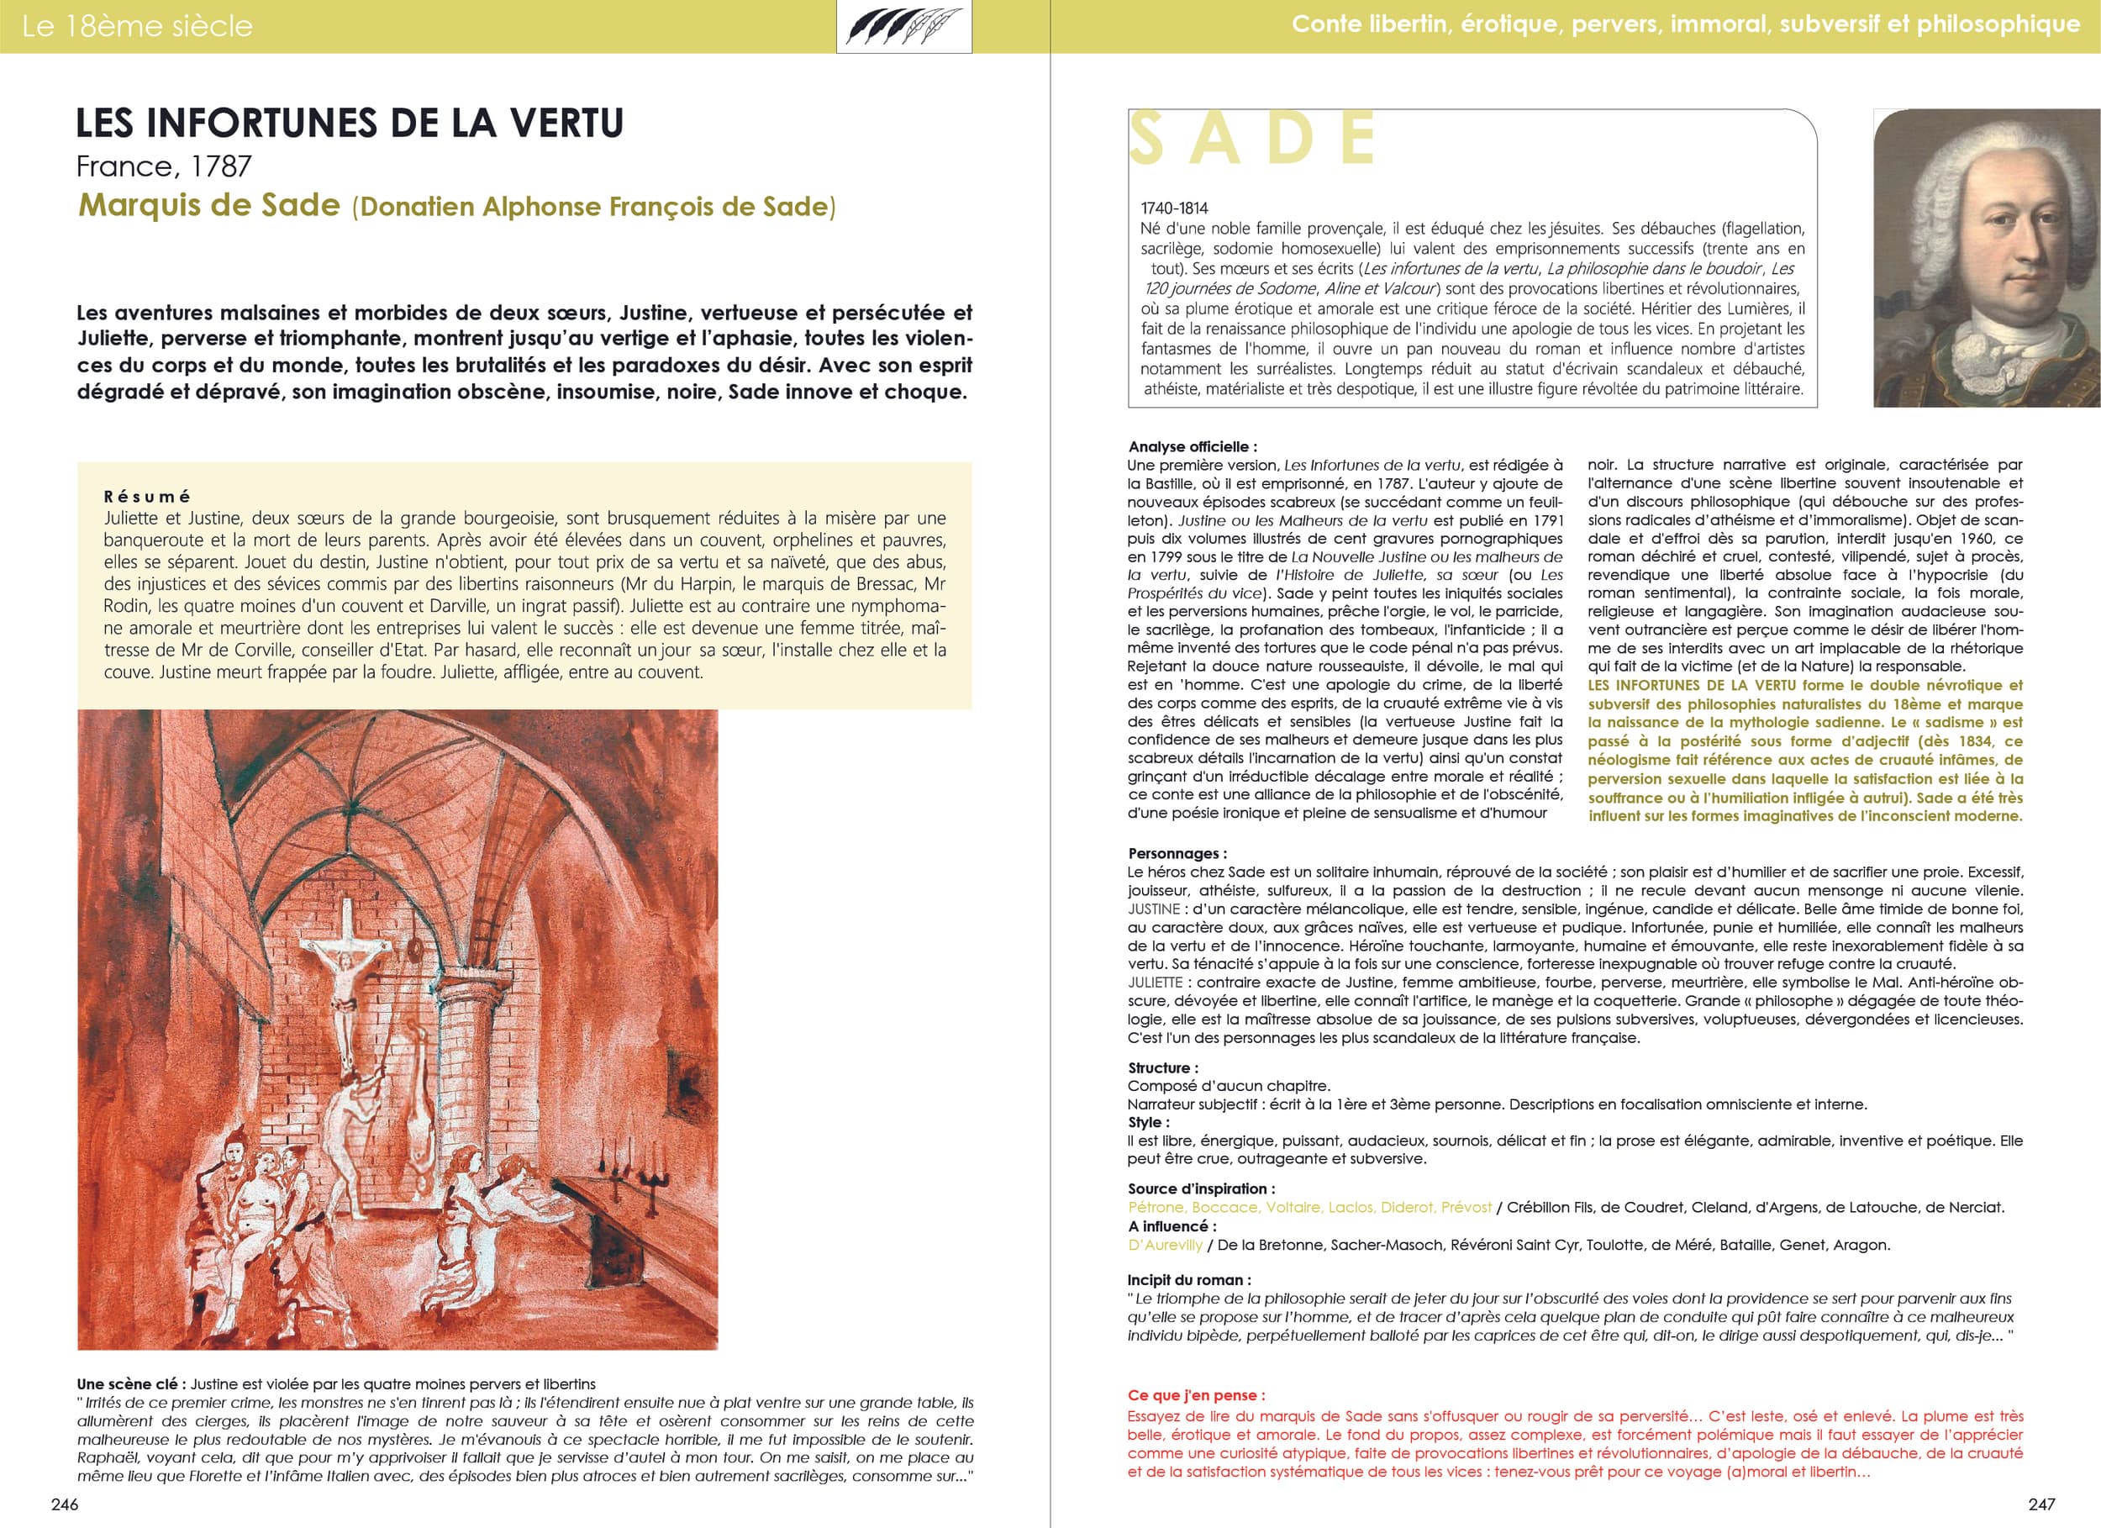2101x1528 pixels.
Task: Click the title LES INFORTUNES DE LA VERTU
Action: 350,124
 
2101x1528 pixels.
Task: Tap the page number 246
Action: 65,1504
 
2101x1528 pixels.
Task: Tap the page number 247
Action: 2040,1504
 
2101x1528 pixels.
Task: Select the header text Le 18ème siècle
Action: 137,26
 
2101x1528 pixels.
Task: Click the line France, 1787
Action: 164,166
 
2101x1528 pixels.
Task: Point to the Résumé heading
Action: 146,497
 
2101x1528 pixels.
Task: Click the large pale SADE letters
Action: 1252,139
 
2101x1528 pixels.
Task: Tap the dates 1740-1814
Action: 1175,208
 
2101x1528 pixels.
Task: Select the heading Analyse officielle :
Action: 1193,446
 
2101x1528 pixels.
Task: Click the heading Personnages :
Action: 1177,853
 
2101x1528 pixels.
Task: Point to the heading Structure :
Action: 1162,1067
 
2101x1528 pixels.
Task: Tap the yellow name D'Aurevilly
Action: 1165,1245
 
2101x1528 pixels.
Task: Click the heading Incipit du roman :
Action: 1188,1280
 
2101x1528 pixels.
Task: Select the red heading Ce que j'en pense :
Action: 1196,1394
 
